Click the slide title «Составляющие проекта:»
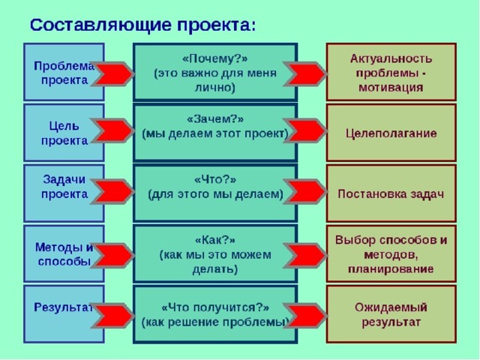click(142, 23)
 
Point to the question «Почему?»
click(214, 59)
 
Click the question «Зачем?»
click(214, 118)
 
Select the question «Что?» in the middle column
click(214, 179)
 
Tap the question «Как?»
click(214, 239)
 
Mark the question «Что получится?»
click(214, 307)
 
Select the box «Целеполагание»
click(391, 133)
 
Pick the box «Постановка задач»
click(391, 193)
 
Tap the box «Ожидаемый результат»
click(391, 314)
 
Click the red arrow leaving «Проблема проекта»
click(112, 74)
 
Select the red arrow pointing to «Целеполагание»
click(304, 131)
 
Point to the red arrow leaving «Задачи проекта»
click(112, 192)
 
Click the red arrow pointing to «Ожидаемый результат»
click(304, 314)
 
